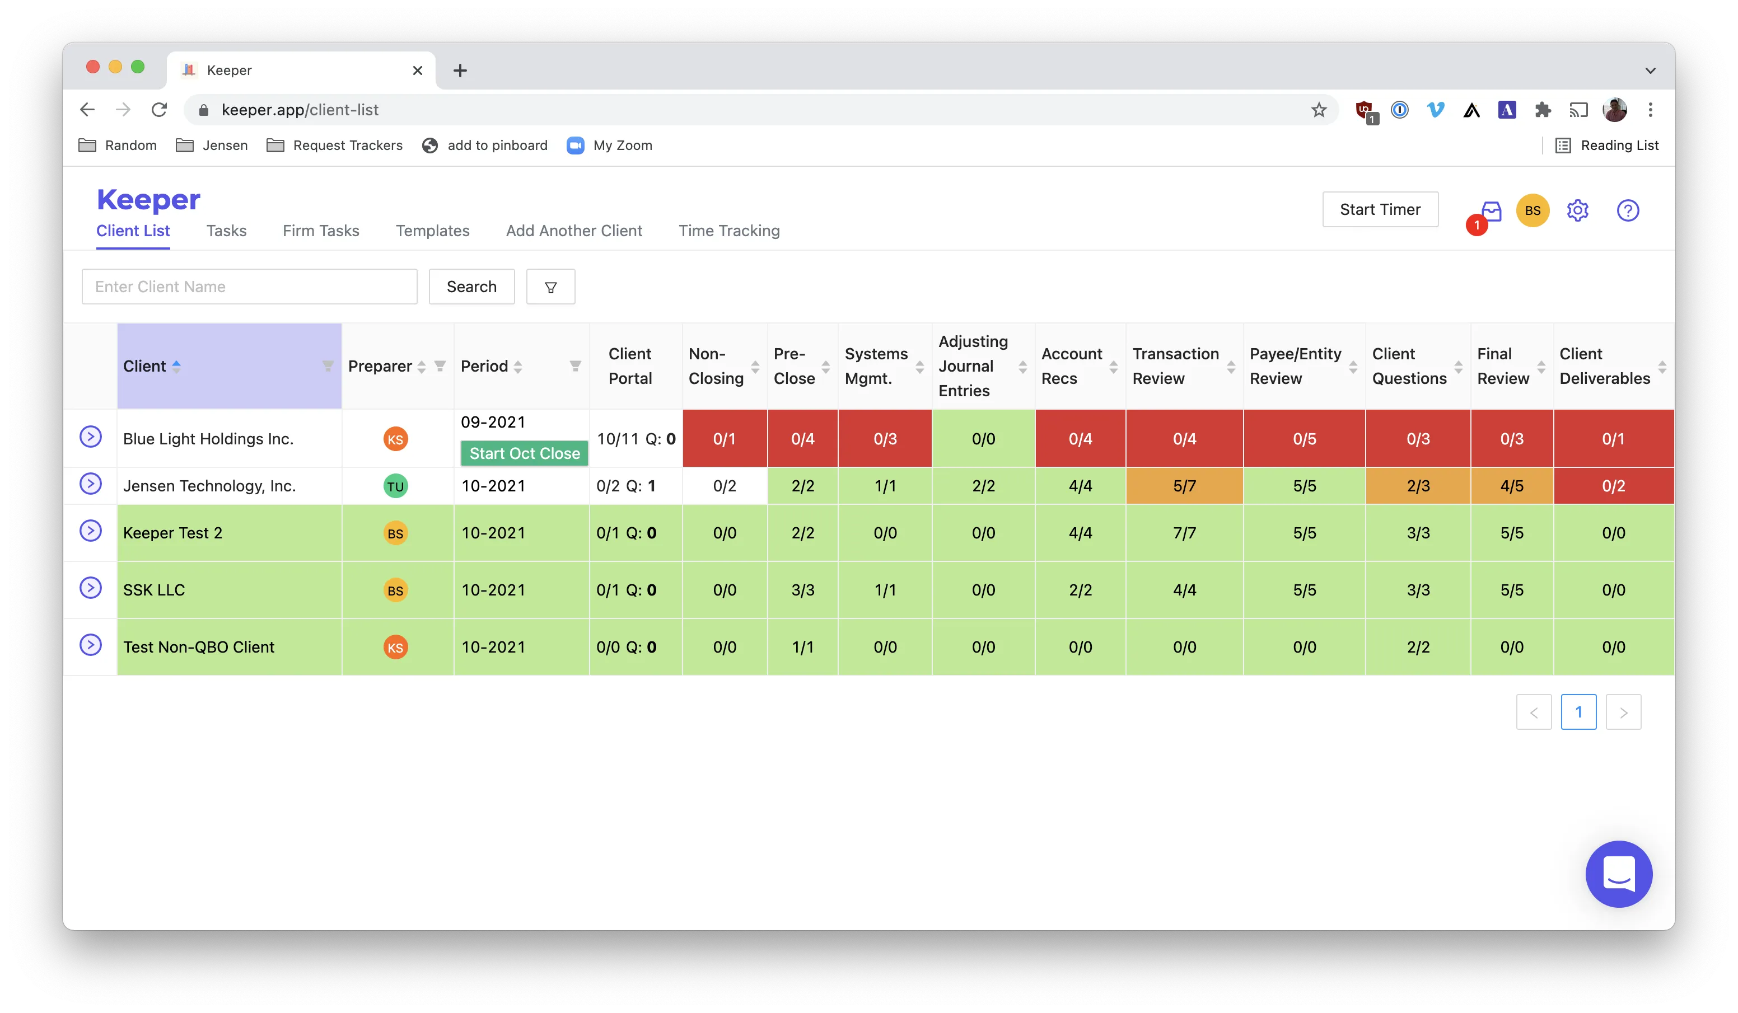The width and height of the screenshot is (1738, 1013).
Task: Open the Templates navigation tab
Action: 432,231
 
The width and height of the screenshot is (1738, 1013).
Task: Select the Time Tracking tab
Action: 729,231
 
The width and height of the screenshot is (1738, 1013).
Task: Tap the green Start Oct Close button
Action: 524,453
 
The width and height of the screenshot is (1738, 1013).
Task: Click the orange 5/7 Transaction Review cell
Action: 1184,486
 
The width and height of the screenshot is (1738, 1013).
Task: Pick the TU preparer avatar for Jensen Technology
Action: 395,486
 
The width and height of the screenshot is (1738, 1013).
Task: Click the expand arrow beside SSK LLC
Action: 90,588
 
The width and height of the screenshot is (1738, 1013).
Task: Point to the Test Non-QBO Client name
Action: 199,647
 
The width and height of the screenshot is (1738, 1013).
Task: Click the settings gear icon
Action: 1577,210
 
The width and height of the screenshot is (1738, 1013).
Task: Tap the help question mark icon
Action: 1628,210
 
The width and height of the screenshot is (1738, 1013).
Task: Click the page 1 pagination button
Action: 1578,712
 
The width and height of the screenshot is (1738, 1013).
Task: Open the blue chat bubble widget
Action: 1618,874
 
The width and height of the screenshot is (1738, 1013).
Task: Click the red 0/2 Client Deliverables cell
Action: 1613,486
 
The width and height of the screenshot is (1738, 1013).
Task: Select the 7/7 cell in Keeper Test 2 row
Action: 1184,533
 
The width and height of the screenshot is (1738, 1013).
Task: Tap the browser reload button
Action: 160,110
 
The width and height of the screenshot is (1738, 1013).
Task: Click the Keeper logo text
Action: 148,200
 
